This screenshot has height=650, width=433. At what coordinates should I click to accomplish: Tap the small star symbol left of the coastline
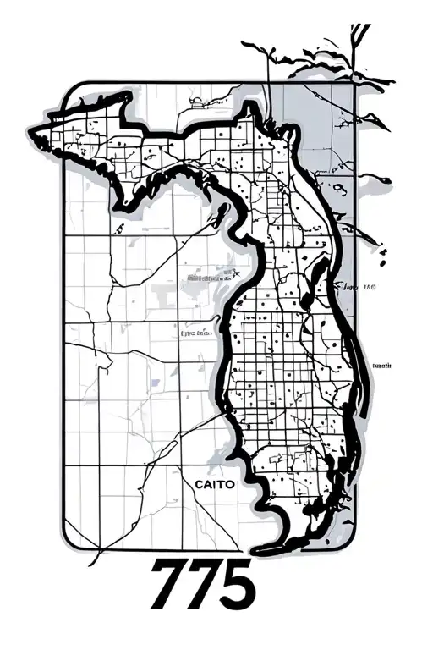[237, 273]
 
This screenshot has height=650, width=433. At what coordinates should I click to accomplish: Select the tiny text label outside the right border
[382, 366]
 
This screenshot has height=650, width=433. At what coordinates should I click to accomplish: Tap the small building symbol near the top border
[196, 103]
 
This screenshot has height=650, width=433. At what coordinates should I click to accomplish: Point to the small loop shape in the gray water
[338, 188]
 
